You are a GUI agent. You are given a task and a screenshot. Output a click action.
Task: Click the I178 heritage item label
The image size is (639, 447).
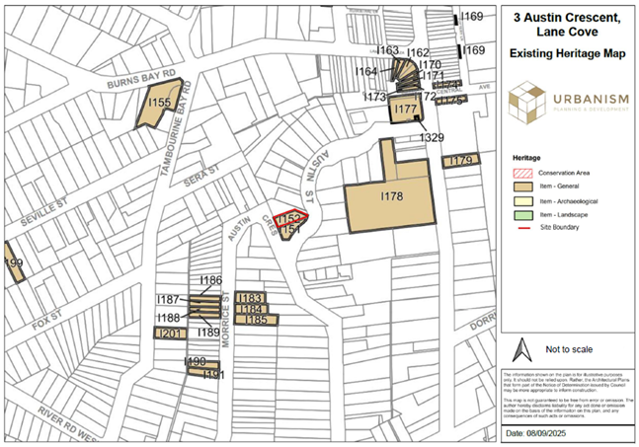[x=392, y=197]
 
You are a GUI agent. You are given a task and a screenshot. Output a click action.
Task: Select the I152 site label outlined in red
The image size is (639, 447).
[x=288, y=218]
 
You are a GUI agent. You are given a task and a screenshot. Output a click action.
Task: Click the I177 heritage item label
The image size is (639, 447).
[x=405, y=111]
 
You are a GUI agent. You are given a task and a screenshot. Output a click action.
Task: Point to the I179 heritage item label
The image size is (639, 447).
[x=459, y=161]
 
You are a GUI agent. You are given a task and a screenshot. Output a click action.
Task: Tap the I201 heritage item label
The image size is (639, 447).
[x=171, y=335]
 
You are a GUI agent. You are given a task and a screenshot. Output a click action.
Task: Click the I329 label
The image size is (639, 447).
[x=433, y=137]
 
